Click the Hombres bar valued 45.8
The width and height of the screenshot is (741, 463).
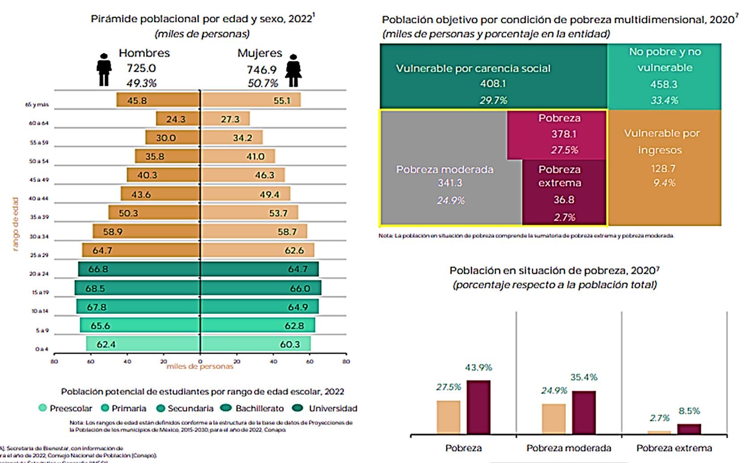point(158,100)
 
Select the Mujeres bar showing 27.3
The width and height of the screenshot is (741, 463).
point(225,119)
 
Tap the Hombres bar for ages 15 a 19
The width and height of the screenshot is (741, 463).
point(137,288)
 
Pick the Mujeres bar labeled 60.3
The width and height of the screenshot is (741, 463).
point(256,344)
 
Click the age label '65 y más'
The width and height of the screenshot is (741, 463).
point(37,104)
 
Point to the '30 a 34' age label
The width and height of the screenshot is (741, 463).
point(38,236)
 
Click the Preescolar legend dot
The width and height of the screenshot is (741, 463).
point(43,408)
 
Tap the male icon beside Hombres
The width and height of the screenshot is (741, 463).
point(104,70)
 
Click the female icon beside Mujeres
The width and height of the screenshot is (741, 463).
point(294,71)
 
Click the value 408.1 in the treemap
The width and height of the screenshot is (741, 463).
point(493,84)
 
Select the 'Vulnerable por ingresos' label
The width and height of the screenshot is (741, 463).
point(661,141)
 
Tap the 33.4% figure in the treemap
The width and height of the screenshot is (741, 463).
point(664,100)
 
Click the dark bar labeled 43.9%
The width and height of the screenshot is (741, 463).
point(478,407)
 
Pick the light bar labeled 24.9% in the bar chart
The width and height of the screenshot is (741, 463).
point(553,419)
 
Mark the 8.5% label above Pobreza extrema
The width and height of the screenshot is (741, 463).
point(689,411)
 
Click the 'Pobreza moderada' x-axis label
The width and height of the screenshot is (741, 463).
point(568,448)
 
